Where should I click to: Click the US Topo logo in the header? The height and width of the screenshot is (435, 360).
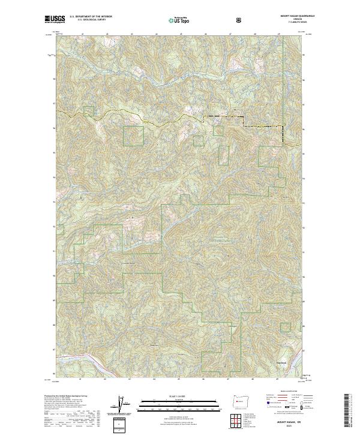[x=179, y=21]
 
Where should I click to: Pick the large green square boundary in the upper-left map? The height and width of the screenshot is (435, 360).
[x=134, y=136]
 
